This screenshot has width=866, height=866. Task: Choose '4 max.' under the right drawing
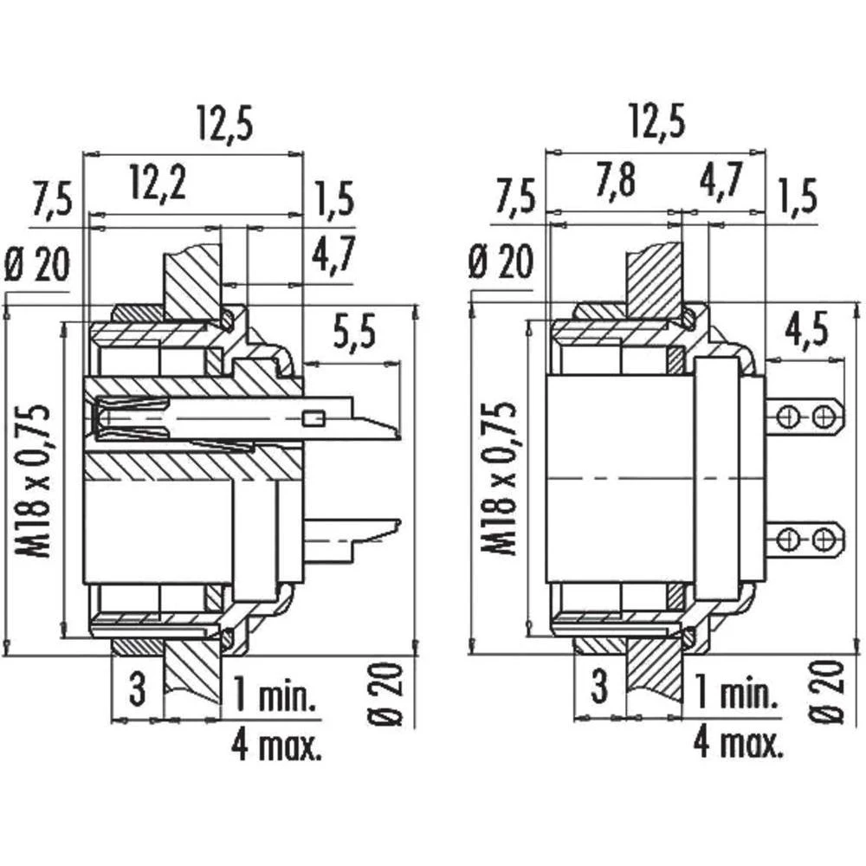click(739, 742)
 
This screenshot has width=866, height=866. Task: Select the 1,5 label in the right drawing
click(798, 198)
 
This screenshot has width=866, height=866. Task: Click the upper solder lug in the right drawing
click(806, 417)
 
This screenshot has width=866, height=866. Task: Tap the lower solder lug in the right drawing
click(806, 540)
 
